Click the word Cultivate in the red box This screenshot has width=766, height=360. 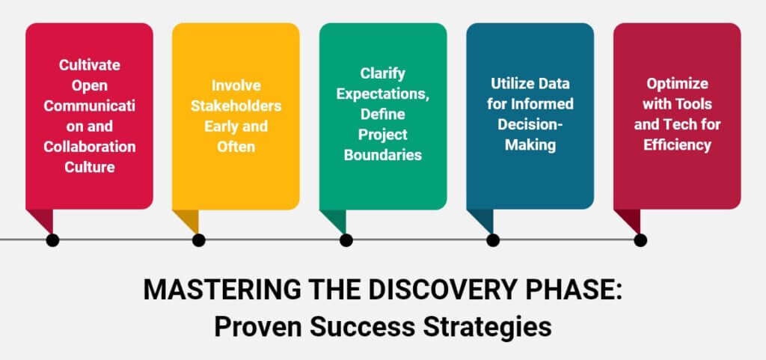coord(89,65)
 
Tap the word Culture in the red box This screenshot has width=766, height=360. coord(89,166)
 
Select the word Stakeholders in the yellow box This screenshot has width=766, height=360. coord(236,106)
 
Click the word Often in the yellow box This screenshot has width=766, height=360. coord(236,146)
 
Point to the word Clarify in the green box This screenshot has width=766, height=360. coord(383,75)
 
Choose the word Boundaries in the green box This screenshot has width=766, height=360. coord(383,156)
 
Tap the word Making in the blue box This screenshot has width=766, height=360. coord(530,144)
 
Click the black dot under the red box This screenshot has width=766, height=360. coord(52,240)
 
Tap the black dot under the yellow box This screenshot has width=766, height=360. coord(198,240)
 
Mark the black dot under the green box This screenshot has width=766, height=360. coord(346,240)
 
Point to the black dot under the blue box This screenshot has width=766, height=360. coord(492,240)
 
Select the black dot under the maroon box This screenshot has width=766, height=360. coord(640,240)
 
